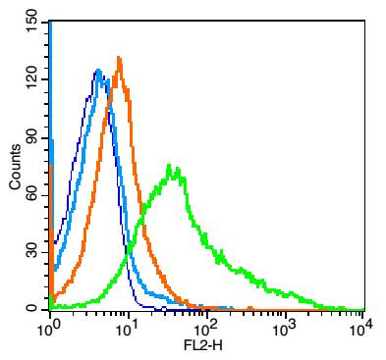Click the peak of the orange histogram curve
119,59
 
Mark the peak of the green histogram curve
170,166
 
